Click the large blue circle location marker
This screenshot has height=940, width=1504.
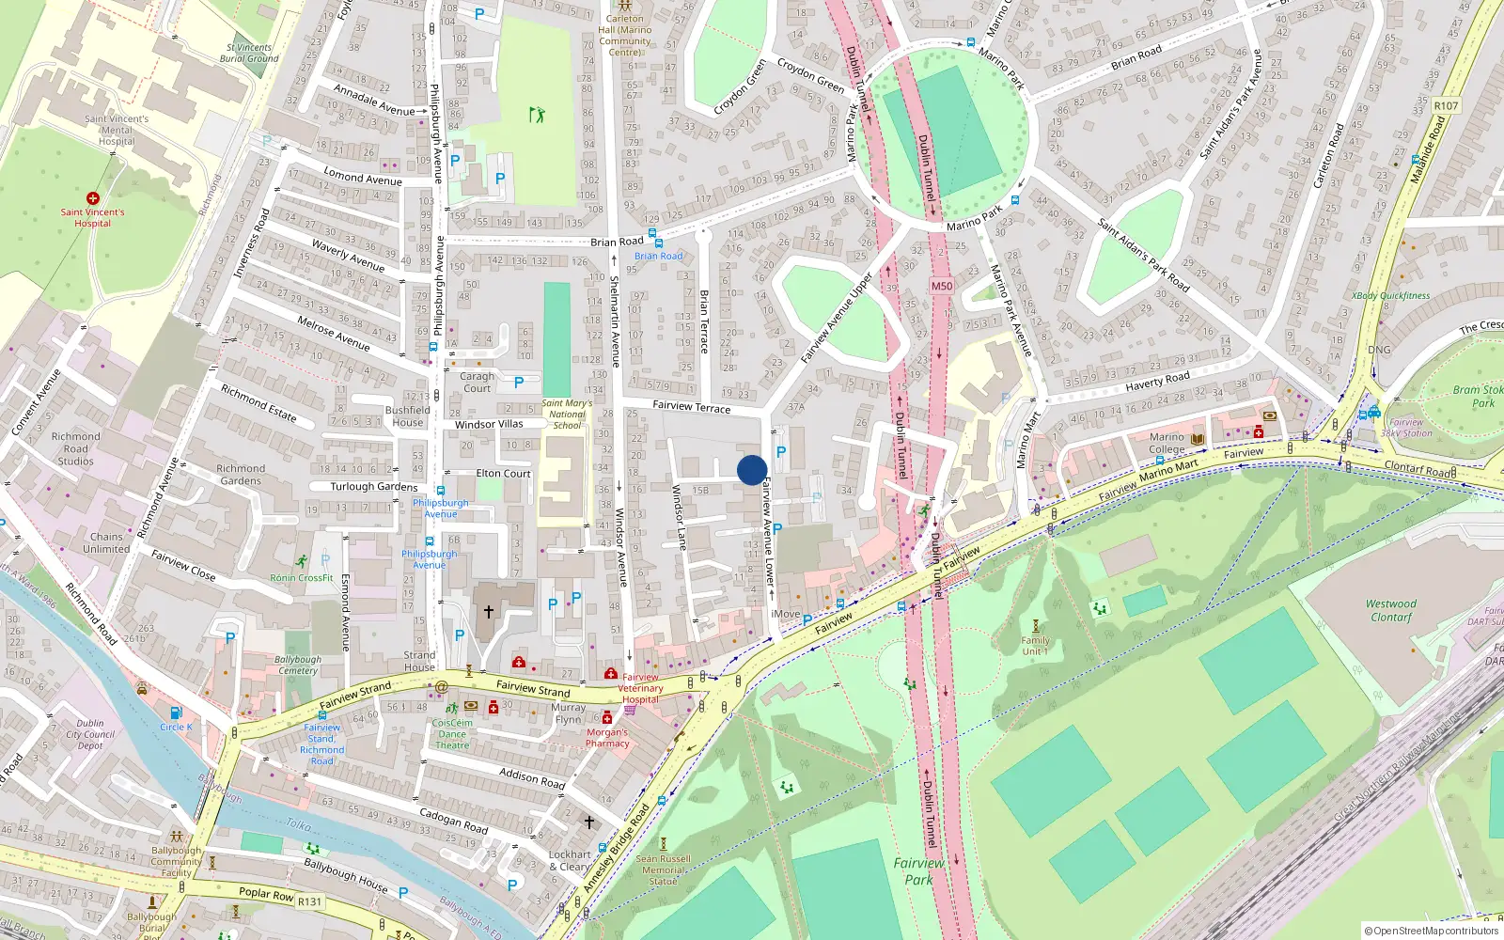point(752,470)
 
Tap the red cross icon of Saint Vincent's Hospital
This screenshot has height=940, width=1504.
point(92,198)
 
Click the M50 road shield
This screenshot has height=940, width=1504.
point(941,286)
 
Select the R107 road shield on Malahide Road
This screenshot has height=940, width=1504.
point(1446,105)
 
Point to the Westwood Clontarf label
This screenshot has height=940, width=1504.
point(1390,610)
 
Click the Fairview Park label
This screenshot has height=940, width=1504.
point(918,871)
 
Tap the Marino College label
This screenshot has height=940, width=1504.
point(1167,443)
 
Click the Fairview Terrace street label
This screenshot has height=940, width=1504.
point(691,407)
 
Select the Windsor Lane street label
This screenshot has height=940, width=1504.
point(679,517)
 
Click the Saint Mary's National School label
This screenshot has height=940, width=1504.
point(567,414)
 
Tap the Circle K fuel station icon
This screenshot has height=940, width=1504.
point(175,713)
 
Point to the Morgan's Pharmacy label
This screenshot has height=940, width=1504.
point(607,738)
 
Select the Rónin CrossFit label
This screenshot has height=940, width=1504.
point(302,577)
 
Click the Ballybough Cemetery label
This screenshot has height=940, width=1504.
point(298,665)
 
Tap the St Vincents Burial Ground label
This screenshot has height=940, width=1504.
point(249,53)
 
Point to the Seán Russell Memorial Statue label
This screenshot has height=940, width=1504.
point(663,869)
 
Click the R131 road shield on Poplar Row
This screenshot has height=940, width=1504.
point(309,901)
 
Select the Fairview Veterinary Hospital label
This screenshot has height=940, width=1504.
point(640,688)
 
